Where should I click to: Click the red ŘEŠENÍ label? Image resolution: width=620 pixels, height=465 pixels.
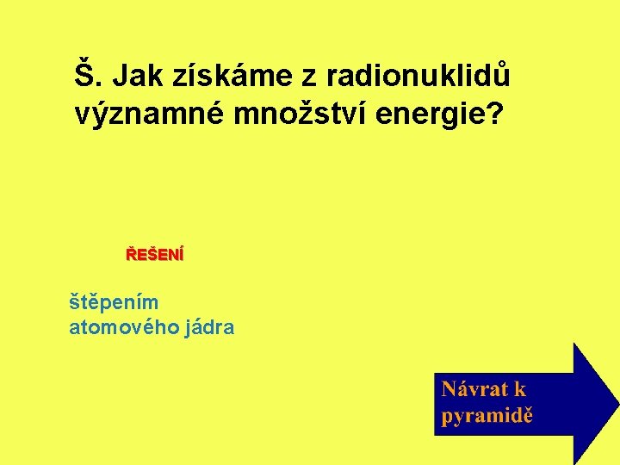point(155,255)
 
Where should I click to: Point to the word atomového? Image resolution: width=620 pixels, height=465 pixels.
point(122,327)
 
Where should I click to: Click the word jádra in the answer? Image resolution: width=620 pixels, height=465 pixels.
point(208,327)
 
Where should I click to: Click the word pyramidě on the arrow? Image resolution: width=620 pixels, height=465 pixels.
point(487,415)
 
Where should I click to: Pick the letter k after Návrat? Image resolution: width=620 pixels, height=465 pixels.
point(520,389)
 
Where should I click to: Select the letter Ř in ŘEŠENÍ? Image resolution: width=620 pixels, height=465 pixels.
point(131,255)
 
